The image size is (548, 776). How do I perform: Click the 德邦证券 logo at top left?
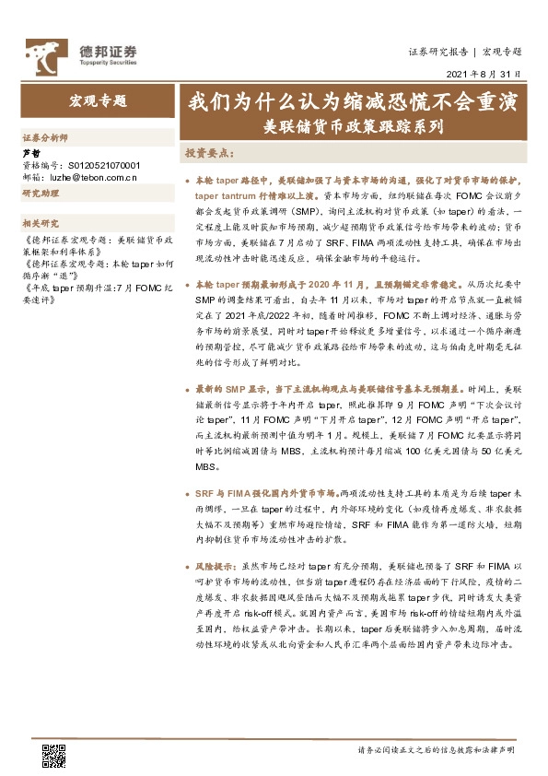pyautogui.click(x=81, y=53)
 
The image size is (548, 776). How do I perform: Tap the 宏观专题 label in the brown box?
pyautogui.click(x=99, y=101)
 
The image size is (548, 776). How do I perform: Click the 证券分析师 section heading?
pyautogui.click(x=45, y=136)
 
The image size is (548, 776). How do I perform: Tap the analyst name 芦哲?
pyautogui.click(x=30, y=152)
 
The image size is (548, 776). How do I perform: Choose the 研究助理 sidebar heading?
pyautogui.click(x=41, y=194)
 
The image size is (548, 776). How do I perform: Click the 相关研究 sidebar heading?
pyautogui.click(x=41, y=223)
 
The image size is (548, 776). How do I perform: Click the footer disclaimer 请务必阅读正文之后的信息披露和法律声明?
pyautogui.click(x=436, y=751)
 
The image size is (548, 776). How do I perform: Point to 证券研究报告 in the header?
pyautogui.click(x=437, y=52)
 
